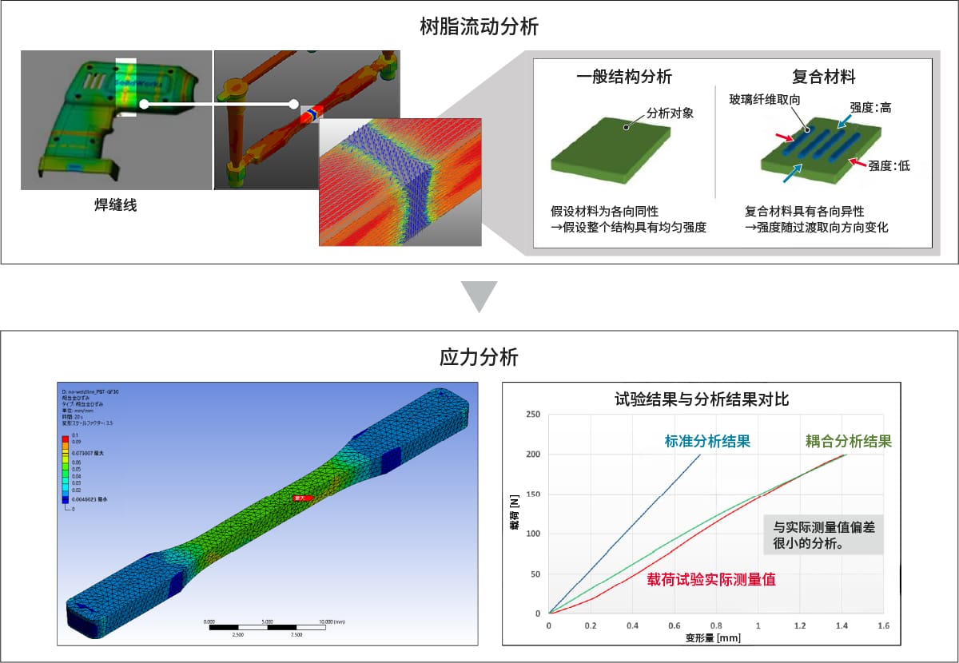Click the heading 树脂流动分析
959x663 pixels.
pyautogui.click(x=479, y=28)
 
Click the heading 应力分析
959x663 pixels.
pyautogui.click(x=479, y=357)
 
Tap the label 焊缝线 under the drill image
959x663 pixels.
pyautogui.click(x=116, y=205)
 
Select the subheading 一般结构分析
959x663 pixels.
pyautogui.click(x=623, y=77)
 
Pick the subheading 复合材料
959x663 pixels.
pyautogui.click(x=823, y=77)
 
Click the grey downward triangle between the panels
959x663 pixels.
pyautogui.click(x=479, y=296)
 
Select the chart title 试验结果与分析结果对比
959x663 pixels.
pyautogui.click(x=701, y=399)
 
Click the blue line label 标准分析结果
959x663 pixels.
pyautogui.click(x=706, y=441)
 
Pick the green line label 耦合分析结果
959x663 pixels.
pyautogui.click(x=848, y=441)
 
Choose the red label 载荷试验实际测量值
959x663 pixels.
pyautogui.click(x=711, y=580)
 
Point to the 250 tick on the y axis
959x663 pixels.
pyautogui.click(x=532, y=415)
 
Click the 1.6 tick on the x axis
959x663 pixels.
pyautogui.click(x=883, y=625)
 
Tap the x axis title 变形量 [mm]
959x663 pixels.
pyautogui.click(x=714, y=638)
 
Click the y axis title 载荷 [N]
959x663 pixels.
pyautogui.click(x=515, y=514)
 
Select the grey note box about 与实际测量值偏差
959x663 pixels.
pyautogui.click(x=822, y=534)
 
